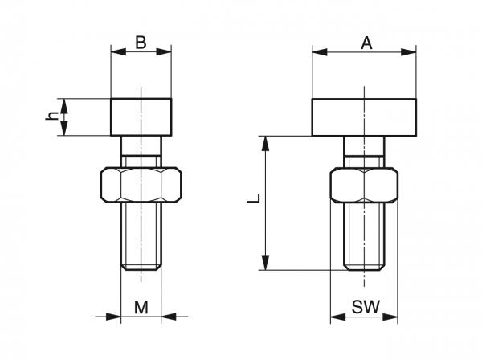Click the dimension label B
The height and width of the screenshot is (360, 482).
[x=141, y=43]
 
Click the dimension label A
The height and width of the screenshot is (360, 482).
[x=366, y=43]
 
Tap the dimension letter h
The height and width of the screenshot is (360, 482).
[x=52, y=116]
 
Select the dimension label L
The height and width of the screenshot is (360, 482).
[x=254, y=198]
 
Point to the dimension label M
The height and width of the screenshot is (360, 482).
[x=141, y=307]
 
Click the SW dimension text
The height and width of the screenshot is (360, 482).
[x=366, y=306]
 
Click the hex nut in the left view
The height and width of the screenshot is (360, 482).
[x=141, y=185]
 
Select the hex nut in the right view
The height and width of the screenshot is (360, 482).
[x=364, y=185]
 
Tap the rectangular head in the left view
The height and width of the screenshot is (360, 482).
[x=141, y=117]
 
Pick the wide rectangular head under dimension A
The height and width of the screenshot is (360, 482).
[x=364, y=117]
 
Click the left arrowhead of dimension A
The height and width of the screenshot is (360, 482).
[x=320, y=52]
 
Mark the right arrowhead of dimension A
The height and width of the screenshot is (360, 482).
[x=409, y=52]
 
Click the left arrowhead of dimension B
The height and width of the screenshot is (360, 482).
[x=118, y=51]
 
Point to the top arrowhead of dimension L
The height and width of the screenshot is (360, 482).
[x=266, y=144]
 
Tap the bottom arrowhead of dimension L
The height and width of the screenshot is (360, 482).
[x=266, y=263]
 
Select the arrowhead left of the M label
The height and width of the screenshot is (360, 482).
[x=113, y=317]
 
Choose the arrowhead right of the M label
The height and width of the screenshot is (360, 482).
[x=169, y=317]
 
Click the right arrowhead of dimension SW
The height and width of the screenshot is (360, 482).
[x=390, y=317]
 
